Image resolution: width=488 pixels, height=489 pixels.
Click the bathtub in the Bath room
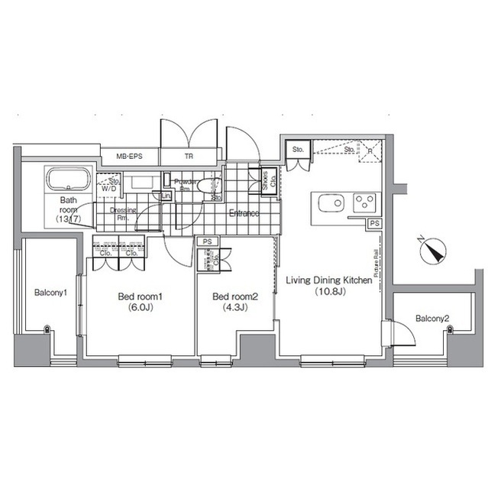coord(68,182)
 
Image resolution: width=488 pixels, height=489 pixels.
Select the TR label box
coord(189,157)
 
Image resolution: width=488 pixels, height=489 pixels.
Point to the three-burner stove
coord(365,204)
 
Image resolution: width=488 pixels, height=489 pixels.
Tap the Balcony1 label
coord(50,293)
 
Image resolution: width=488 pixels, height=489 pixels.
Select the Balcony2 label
coord(431,319)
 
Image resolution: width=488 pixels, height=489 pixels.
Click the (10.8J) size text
coord(328,292)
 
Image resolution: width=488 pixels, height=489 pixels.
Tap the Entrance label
coord(244,213)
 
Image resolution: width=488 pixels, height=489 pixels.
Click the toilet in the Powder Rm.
coord(213,186)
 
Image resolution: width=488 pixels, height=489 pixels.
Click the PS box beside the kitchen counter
coord(374,222)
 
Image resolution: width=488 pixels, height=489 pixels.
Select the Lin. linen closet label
coord(167,197)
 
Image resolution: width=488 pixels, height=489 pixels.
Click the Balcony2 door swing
coord(402,332)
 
